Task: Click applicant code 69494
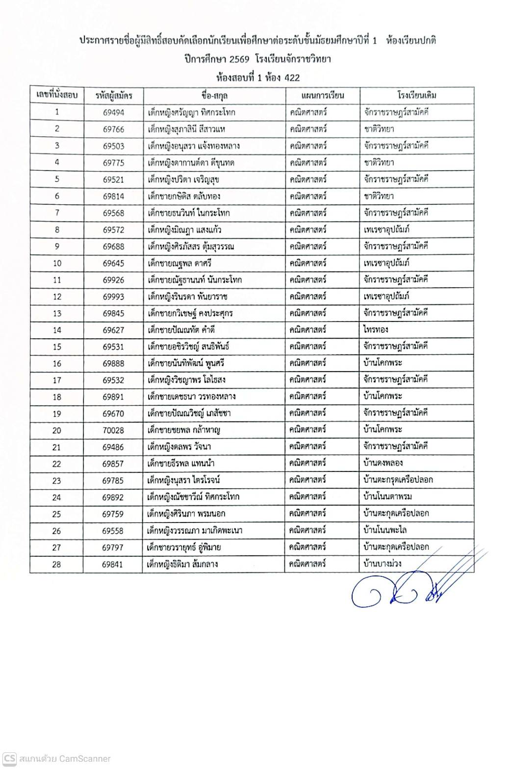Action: pos(113,112)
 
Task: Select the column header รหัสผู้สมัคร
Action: pos(113,95)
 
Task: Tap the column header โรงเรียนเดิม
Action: pos(416,95)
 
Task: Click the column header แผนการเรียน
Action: pos(322,95)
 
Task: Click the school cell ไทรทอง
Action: pos(376,330)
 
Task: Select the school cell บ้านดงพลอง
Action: pos(383,463)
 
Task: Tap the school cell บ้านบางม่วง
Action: pos(383,564)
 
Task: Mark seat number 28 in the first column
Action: pos(56,564)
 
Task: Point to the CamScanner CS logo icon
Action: pos(9,758)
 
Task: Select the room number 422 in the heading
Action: pos(291,77)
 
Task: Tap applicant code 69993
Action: pos(113,297)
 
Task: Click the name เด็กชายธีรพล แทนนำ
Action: pos(181,463)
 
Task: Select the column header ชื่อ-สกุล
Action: pos(214,95)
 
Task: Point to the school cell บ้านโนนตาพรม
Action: pos(387,497)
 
